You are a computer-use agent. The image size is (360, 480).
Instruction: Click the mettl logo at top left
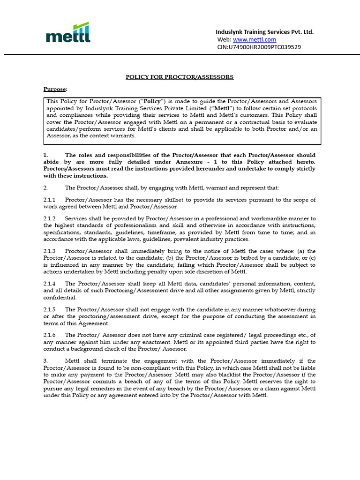point(68,33)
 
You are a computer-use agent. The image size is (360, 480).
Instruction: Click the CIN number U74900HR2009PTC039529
point(259,47)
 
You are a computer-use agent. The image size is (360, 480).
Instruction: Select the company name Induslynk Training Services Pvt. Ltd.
point(264,32)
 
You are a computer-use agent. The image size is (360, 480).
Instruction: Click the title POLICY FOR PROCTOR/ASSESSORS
point(180,77)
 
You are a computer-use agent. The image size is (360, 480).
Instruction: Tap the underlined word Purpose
point(55,89)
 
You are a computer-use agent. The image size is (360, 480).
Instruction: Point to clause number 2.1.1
point(50,200)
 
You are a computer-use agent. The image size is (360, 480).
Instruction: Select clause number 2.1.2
point(50,218)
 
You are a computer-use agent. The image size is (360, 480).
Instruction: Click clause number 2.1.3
point(50,251)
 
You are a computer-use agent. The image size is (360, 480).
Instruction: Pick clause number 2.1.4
point(50,284)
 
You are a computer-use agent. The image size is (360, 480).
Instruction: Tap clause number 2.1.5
point(50,309)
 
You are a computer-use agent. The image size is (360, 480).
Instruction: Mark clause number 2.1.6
point(50,335)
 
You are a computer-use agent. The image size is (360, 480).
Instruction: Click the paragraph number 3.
point(45,361)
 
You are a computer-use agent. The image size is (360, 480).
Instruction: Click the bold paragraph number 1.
point(45,155)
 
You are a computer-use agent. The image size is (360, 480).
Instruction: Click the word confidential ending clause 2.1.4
point(60,298)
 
